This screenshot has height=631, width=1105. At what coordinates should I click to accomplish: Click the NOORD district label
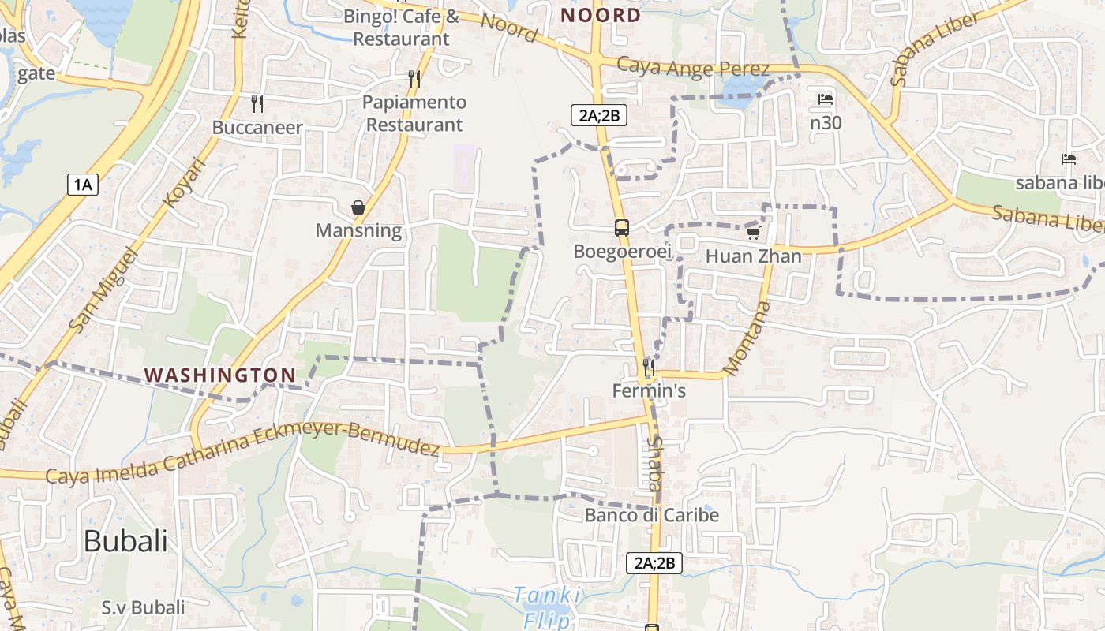pyautogui.click(x=601, y=15)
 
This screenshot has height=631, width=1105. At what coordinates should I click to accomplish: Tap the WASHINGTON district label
pyautogui.click(x=220, y=375)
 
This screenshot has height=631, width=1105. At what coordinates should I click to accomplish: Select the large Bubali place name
pyautogui.click(x=125, y=541)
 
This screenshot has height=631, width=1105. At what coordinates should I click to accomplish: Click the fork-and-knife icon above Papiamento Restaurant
pyautogui.click(x=414, y=79)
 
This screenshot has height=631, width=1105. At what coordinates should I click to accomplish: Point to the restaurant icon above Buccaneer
pyautogui.click(x=257, y=103)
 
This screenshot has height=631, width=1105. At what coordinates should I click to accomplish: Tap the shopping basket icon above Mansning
pyautogui.click(x=358, y=207)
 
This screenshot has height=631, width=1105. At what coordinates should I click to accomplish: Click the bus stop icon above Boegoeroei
pyautogui.click(x=622, y=229)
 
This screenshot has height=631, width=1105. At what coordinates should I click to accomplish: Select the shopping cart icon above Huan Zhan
pyautogui.click(x=753, y=233)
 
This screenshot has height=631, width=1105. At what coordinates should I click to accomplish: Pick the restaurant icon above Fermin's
pyautogui.click(x=649, y=368)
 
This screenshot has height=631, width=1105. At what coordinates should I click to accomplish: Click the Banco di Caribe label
pyautogui.click(x=652, y=515)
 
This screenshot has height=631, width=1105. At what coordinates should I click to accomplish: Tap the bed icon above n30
pyautogui.click(x=826, y=99)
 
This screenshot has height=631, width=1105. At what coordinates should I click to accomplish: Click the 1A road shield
pyautogui.click(x=83, y=185)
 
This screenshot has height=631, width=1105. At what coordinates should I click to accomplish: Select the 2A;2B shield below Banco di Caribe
pyautogui.click(x=654, y=563)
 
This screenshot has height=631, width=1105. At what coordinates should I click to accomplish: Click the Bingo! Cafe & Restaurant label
pyautogui.click(x=401, y=27)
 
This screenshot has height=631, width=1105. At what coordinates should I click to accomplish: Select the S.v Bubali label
pyautogui.click(x=143, y=607)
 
